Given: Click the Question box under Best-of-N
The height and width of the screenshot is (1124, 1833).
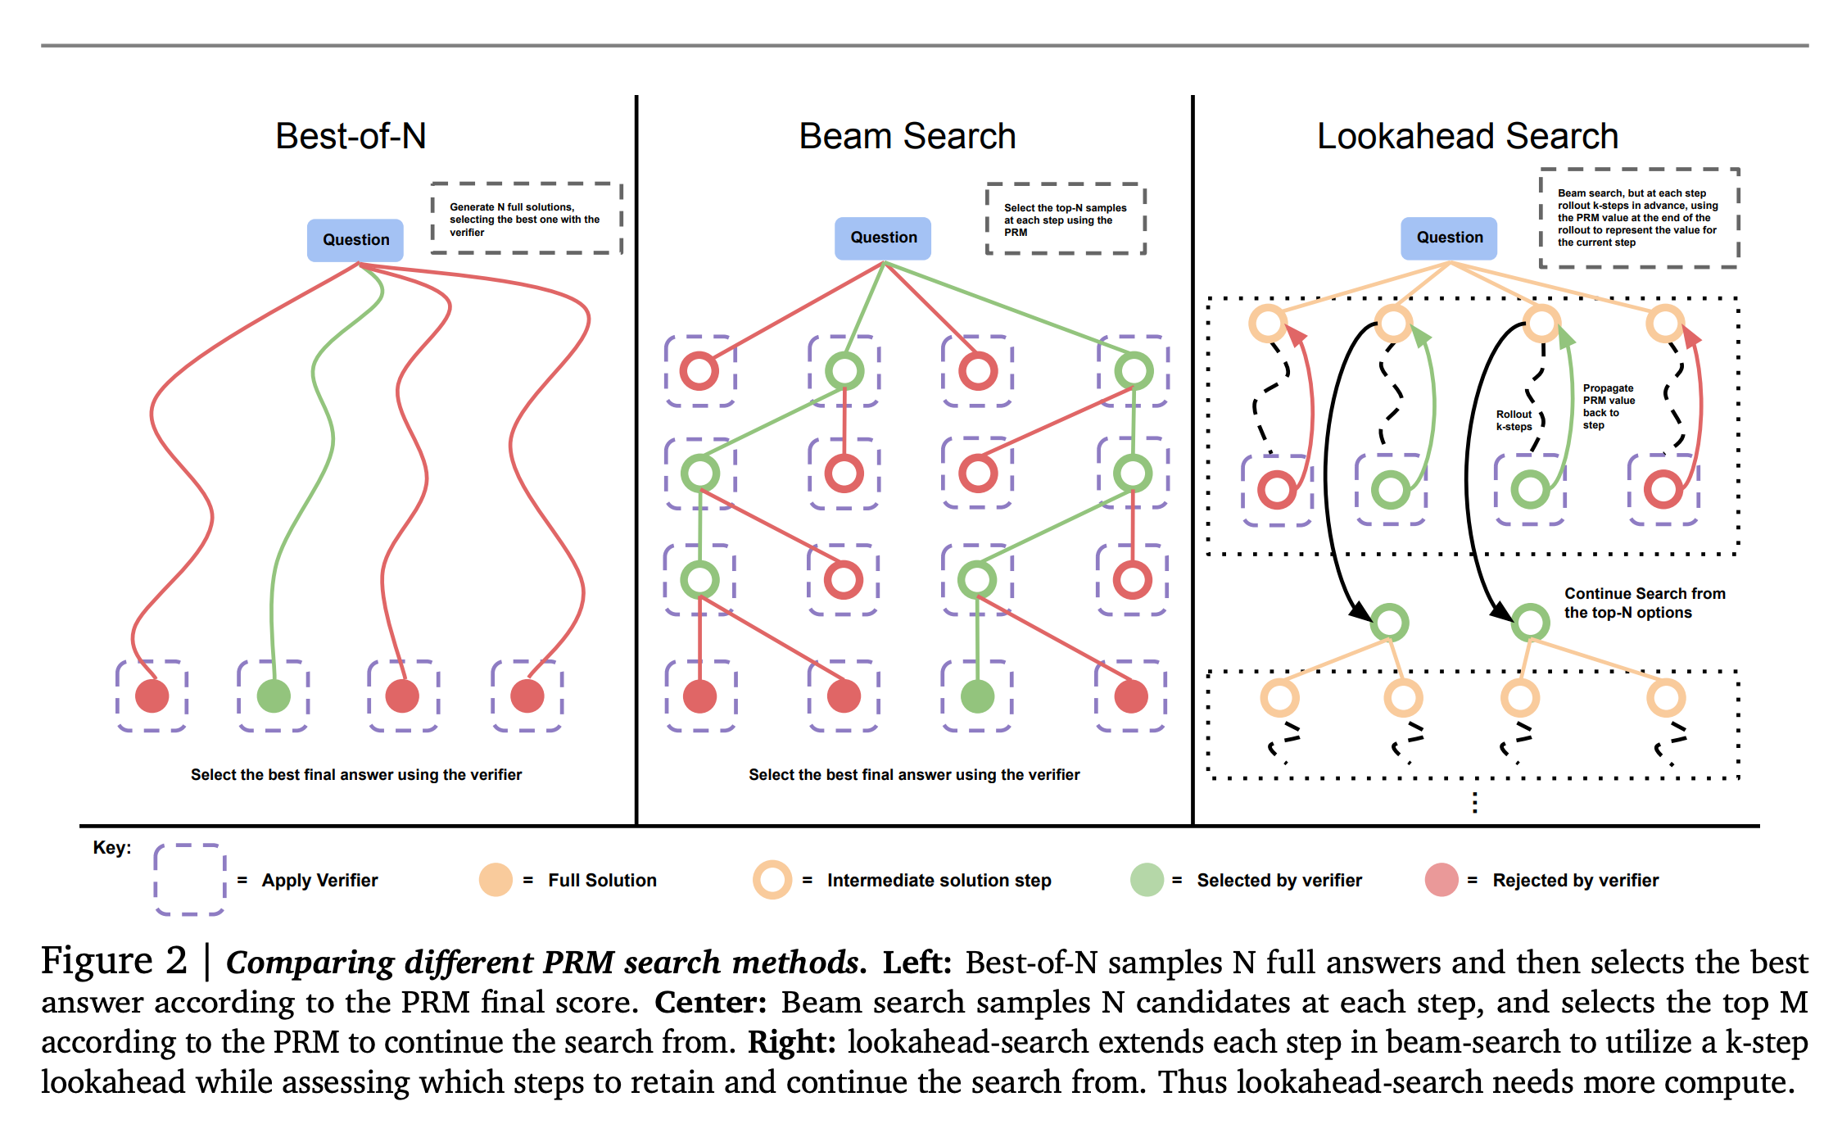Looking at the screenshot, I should point(355,240).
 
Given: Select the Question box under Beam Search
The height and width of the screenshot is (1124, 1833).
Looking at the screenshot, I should point(883,238).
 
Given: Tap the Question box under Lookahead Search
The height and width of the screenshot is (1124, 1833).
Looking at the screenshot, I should point(1449,238).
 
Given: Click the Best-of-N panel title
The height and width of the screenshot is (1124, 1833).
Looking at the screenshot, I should point(351,136).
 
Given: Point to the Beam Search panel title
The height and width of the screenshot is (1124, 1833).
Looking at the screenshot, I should point(907,136).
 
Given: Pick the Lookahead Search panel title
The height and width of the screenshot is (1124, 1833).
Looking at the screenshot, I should point(1467,136).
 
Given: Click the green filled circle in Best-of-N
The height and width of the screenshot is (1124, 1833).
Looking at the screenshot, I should point(274,696).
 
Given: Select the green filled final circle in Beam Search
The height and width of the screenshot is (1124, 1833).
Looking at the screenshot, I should point(977,696).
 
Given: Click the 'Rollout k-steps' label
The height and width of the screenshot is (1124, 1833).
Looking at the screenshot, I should point(1514,420).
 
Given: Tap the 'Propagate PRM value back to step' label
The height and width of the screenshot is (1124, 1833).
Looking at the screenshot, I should point(1608,406).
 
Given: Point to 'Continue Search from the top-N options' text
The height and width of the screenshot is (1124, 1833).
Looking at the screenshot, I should point(1644,603).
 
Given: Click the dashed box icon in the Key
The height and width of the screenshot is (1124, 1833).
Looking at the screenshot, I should point(189,879).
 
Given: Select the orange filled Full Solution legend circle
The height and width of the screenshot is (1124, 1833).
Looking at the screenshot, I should point(496,880).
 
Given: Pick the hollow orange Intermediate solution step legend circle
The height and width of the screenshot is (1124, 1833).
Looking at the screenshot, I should point(772,880).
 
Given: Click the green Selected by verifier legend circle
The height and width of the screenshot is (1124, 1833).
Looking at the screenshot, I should point(1147,880).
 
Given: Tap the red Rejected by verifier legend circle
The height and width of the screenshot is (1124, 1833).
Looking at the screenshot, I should point(1442,880).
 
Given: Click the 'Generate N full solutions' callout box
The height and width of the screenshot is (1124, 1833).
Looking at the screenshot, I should point(526,219).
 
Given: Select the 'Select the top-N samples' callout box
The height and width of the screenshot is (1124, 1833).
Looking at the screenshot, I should point(1065,220).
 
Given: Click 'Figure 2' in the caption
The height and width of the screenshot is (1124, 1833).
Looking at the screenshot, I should point(114,960).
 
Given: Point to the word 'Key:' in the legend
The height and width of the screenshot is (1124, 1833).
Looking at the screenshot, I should point(112,847).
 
